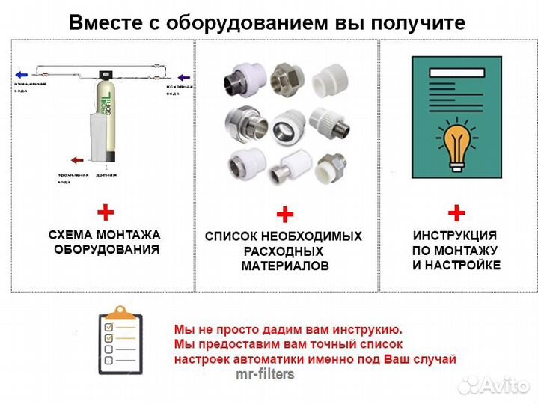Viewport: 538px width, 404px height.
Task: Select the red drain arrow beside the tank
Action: point(76,159)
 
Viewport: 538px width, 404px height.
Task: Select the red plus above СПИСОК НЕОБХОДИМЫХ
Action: point(284,215)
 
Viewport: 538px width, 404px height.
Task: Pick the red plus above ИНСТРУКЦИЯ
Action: point(456,212)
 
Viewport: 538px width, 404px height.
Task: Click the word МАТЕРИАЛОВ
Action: point(284,266)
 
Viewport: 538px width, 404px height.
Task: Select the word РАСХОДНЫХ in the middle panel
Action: point(284,251)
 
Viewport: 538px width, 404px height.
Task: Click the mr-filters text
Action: point(265,374)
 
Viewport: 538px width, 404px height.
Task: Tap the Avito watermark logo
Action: point(494,385)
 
